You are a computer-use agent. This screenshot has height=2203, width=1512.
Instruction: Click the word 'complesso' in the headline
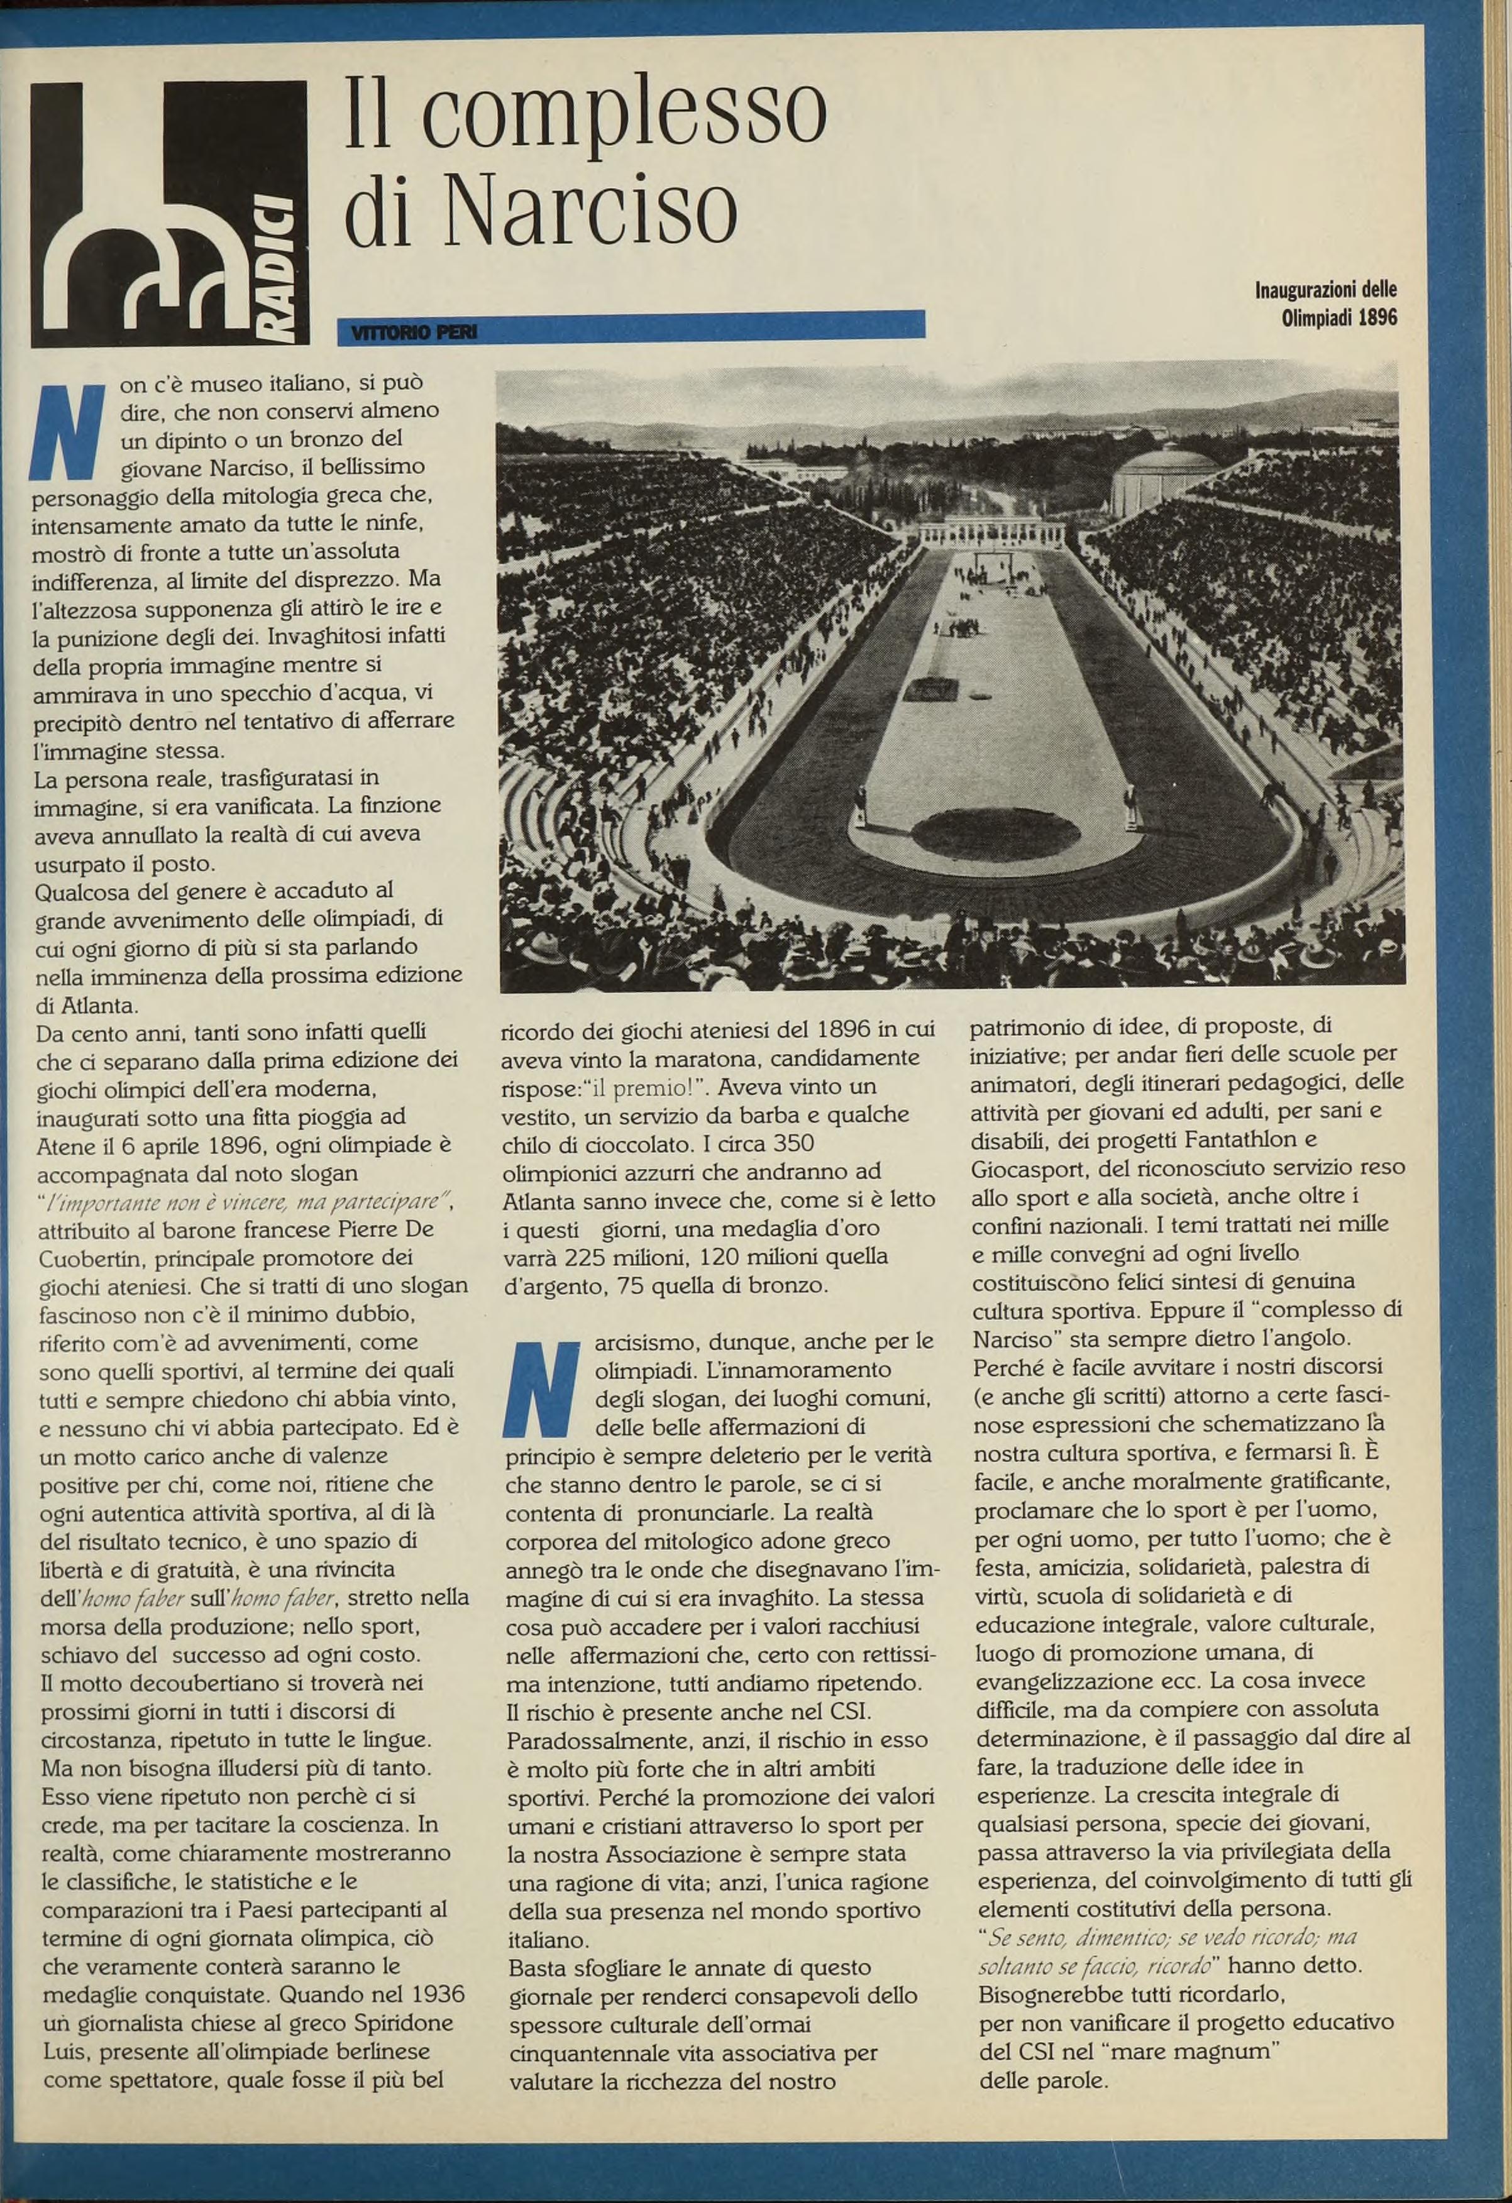[x=625, y=119]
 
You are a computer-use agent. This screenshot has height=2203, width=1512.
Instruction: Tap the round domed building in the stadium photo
[x=1164, y=479]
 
